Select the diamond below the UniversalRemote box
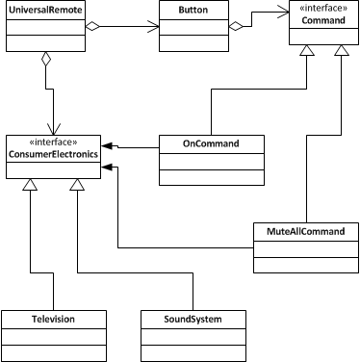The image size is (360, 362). (45, 61)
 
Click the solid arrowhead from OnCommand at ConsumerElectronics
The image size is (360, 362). (109, 144)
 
